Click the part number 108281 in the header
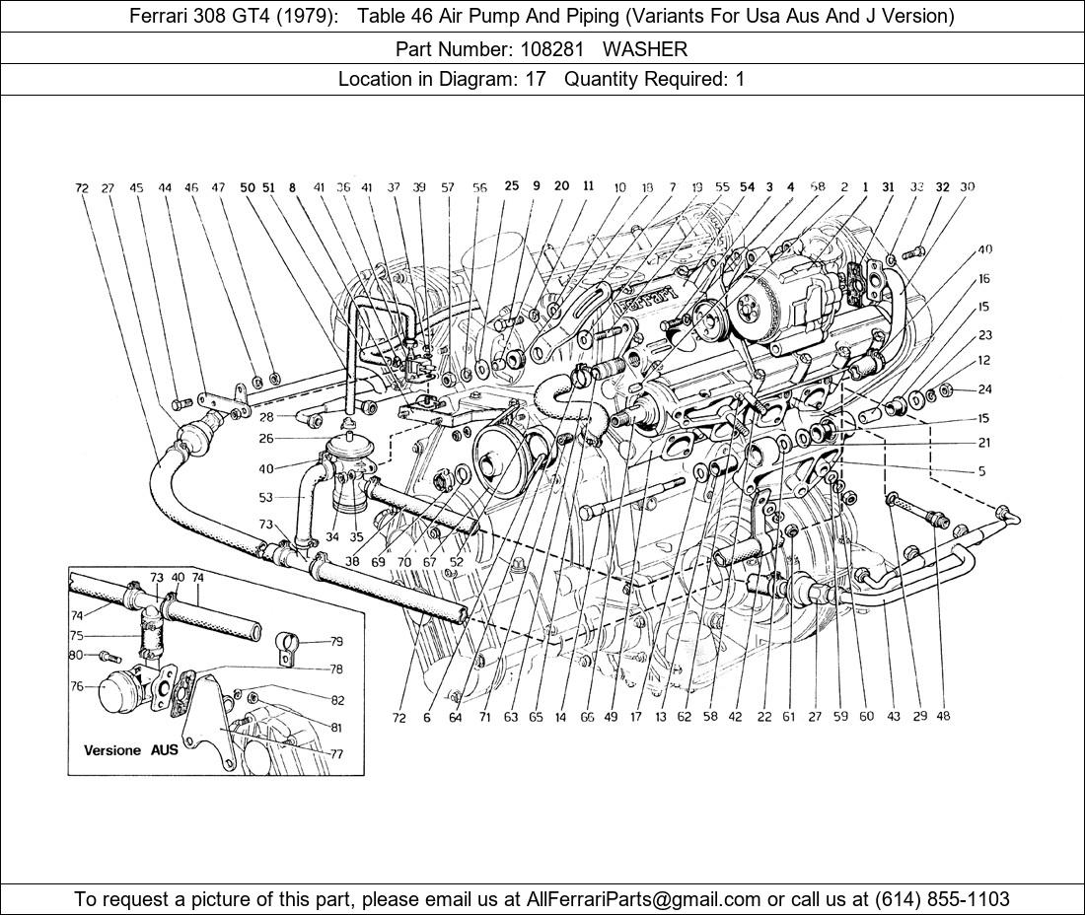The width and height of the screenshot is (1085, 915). point(564,48)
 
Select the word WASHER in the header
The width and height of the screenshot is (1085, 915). point(645,48)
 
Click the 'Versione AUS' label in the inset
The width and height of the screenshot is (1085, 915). point(131,749)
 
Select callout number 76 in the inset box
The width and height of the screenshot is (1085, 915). point(77,687)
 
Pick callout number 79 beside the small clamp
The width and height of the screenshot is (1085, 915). point(336,640)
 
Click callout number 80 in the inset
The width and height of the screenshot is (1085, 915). point(77,654)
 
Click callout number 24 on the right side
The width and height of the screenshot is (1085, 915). point(984,389)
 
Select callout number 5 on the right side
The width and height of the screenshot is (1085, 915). point(981,471)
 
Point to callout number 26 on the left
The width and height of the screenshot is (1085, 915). point(265,439)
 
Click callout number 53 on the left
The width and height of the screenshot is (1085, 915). point(265,498)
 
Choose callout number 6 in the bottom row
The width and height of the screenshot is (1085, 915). point(427,718)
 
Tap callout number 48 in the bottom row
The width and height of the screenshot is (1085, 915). point(943,717)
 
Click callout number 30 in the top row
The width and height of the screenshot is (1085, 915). point(967,186)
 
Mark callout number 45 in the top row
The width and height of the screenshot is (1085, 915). point(136,187)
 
